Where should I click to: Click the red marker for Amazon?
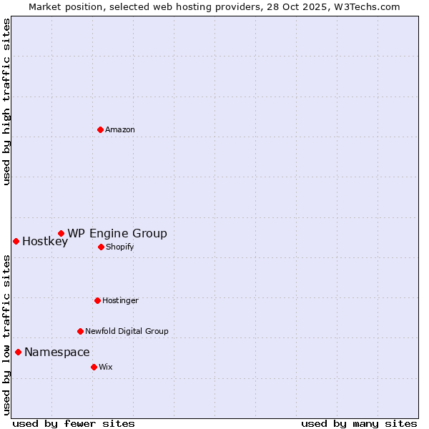point(100,129)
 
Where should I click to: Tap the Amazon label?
point(120,129)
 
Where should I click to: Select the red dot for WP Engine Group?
point(61,233)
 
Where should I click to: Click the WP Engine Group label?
point(117,233)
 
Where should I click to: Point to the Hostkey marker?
point(16,241)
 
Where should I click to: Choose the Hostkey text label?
point(45,242)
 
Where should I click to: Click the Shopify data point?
point(101,247)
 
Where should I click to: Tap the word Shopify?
point(119,247)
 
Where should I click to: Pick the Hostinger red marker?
point(97,300)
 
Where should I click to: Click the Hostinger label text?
point(120,300)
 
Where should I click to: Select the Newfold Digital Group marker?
point(80,331)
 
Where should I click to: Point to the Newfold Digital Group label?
point(127,331)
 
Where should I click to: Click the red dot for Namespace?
point(18,352)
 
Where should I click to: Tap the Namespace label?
point(57,352)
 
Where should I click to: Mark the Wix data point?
point(94,367)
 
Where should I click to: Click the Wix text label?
point(106,367)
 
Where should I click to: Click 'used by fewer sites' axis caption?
point(74,423)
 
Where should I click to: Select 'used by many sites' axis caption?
point(359,423)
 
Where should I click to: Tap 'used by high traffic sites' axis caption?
point(6,102)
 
